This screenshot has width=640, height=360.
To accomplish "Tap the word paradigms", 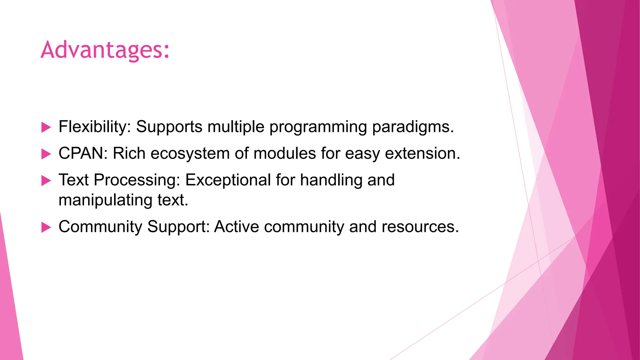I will (x=412, y=127).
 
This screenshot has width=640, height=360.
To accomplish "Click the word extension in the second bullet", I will (x=422, y=153).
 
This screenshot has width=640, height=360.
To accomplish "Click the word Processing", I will (x=137, y=180).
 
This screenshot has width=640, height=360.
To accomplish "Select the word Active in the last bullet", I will (x=236, y=227).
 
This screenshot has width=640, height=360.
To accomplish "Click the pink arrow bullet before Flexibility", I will (x=46, y=127).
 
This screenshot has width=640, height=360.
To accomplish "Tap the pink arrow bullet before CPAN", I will (x=46, y=154).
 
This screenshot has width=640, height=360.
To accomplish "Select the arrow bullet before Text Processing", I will (x=46, y=180).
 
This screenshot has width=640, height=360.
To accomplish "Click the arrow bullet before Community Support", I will (x=46, y=227).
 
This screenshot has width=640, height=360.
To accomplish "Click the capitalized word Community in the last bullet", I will (x=100, y=227).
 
